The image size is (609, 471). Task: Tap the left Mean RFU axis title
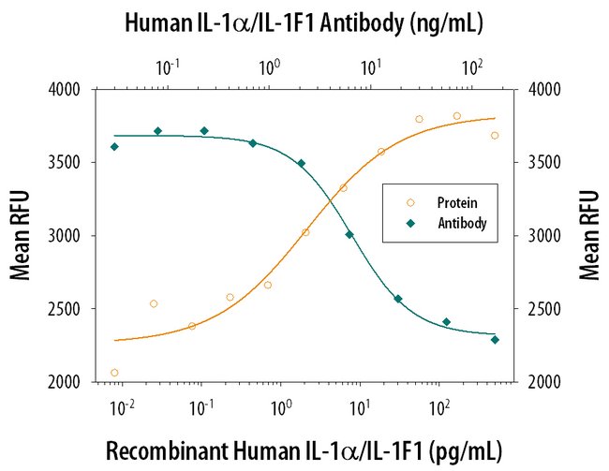pyautogui.click(x=20, y=236)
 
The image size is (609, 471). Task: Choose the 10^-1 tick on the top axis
pyautogui.click(x=169, y=67)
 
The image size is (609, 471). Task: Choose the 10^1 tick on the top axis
pyautogui.click(x=371, y=67)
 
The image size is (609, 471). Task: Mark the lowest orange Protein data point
pyautogui.click(x=114, y=373)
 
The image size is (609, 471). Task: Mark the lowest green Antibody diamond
pyautogui.click(x=495, y=340)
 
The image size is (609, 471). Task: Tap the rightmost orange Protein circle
pyautogui.click(x=495, y=135)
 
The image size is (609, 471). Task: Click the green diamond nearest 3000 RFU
pyautogui.click(x=349, y=234)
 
